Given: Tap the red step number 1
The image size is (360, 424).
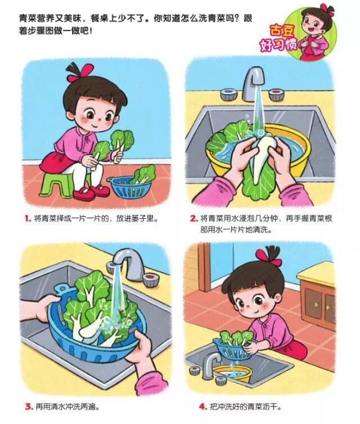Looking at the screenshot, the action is point(28,219).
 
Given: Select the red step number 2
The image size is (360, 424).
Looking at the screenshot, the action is point(194,219).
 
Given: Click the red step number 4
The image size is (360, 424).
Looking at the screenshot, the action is point(203,406).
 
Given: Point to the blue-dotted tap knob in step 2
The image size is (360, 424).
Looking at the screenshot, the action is point(229,94).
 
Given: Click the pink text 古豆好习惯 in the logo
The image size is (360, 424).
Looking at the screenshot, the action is point(278,39).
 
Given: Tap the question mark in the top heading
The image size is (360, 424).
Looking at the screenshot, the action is point(238,19).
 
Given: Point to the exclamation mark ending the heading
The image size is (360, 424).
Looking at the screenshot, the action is point(91,31).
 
